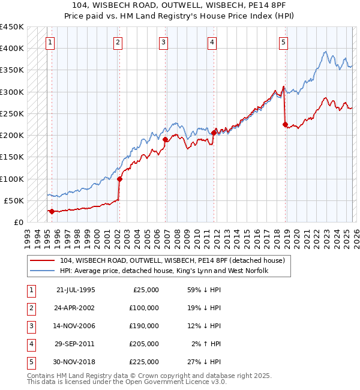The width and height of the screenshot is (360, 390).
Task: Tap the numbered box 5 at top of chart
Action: tap(283, 42)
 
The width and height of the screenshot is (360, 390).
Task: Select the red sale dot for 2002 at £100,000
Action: tap(119, 179)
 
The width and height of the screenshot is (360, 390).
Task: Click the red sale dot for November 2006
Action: tap(165, 139)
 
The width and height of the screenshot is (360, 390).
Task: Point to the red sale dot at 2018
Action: tap(285, 124)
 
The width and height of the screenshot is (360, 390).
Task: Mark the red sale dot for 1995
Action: tap(52, 211)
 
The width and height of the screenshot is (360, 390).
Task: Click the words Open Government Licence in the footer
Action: tap(171, 382)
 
